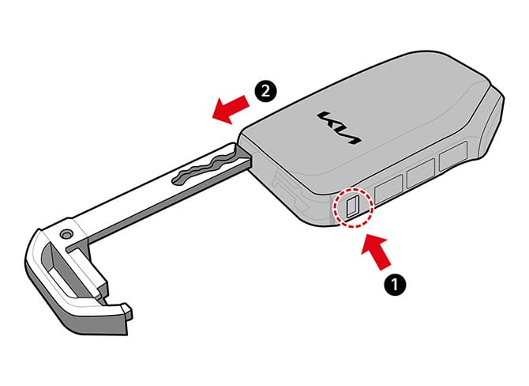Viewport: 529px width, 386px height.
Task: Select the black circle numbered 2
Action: tap(266, 91)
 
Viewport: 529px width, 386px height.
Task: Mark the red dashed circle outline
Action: tap(352, 208)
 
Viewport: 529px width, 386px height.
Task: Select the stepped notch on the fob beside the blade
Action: tap(283, 187)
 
